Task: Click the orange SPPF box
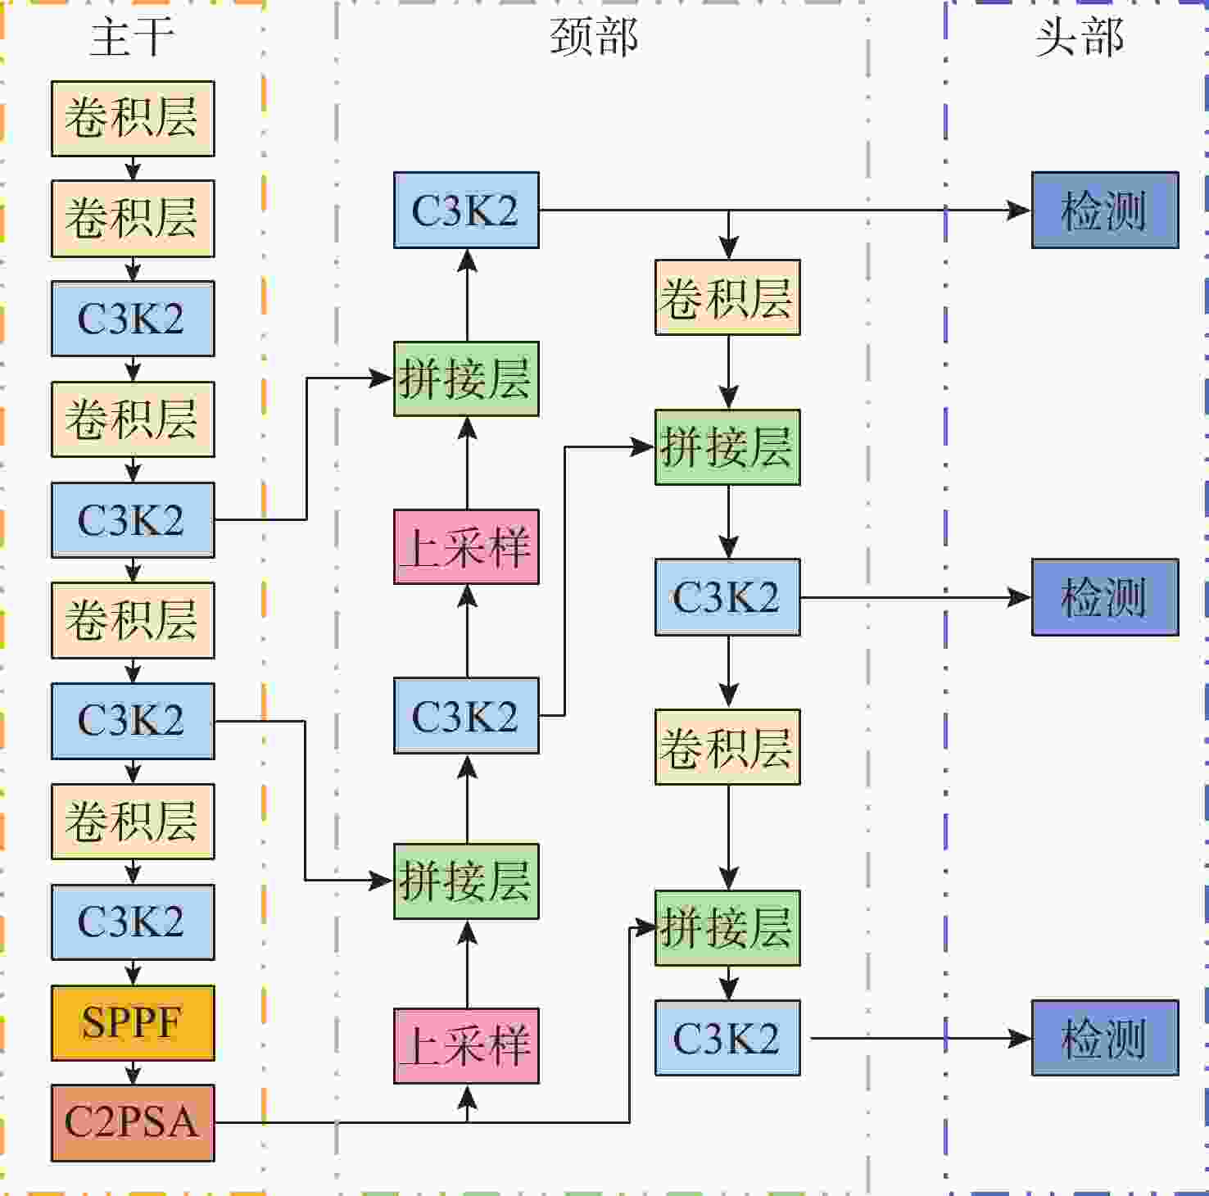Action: (x=133, y=1023)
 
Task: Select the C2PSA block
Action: (x=133, y=1123)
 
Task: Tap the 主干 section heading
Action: (x=132, y=38)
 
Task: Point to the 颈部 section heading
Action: (x=594, y=38)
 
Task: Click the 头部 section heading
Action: (x=1079, y=38)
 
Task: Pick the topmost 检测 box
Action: (x=1105, y=210)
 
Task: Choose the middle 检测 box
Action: (x=1105, y=597)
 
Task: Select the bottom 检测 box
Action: (x=1105, y=1038)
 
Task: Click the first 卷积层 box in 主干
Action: (x=133, y=119)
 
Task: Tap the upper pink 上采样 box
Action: (x=466, y=546)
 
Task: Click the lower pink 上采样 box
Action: (x=466, y=1046)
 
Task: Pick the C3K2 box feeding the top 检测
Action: (x=466, y=210)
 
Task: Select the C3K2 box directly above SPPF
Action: (x=133, y=922)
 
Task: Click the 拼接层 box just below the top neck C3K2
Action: (x=466, y=378)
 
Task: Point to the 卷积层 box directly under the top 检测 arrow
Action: (x=727, y=297)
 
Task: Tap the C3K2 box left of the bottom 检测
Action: (x=727, y=1038)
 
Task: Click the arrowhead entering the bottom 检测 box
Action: (x=1021, y=1039)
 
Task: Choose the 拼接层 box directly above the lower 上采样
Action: (x=466, y=881)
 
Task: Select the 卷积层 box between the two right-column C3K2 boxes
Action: (x=727, y=747)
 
